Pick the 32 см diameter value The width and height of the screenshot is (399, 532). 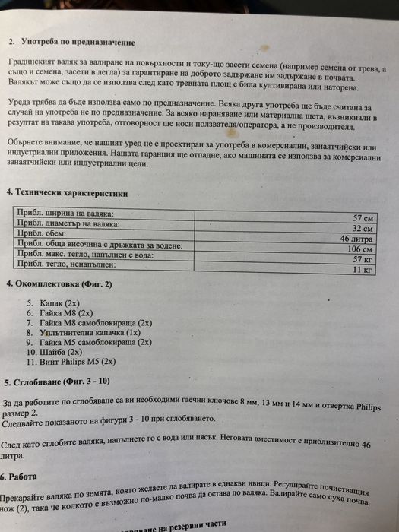tap(363, 228)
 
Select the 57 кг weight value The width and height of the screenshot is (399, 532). tap(364, 259)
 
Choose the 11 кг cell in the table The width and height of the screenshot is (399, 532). tap(365, 269)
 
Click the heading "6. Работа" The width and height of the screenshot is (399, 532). tap(24, 477)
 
